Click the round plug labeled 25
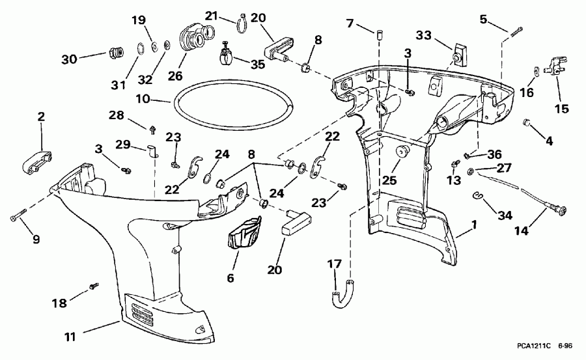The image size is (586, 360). (402, 152)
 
